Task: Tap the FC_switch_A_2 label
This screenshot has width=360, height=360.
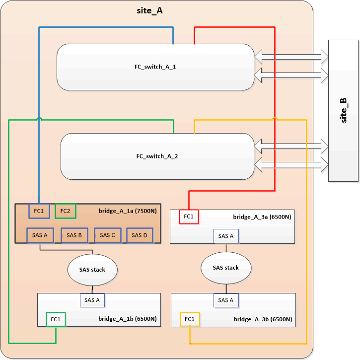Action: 157,156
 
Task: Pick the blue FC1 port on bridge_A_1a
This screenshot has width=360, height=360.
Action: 39,211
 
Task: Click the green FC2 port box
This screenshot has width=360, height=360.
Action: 65,211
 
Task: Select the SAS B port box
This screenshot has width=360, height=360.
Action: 74,235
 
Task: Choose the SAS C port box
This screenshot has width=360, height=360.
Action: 107,235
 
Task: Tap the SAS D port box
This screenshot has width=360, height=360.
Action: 141,235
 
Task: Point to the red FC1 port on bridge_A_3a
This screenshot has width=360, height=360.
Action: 189,216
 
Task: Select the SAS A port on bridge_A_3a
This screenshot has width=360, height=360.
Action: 226,236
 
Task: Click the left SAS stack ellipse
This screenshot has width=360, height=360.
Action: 93,269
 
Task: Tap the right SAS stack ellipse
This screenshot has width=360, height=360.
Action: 226,268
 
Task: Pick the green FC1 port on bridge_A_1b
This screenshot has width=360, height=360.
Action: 56,319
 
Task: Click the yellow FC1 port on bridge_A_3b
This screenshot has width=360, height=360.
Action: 190,319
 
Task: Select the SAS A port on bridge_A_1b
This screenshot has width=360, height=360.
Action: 92,300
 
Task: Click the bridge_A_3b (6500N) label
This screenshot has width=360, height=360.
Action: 263,319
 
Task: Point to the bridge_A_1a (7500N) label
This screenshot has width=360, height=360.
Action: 129,211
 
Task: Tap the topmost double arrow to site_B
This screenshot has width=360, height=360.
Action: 291,57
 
